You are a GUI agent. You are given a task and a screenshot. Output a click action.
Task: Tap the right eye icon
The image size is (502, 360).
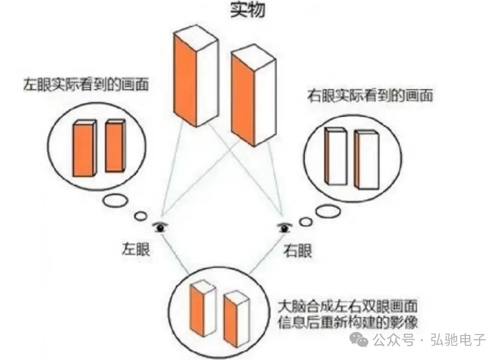[284, 227]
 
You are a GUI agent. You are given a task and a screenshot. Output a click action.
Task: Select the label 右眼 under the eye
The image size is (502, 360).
[298, 250]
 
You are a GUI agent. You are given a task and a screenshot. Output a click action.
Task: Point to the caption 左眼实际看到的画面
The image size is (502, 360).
[86, 84]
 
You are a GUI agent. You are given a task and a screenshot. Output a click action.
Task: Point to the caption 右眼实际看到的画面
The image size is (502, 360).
[370, 95]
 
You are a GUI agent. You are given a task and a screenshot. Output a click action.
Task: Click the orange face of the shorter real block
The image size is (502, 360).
[242, 99]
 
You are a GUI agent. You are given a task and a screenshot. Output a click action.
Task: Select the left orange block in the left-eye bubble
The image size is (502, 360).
[84, 149]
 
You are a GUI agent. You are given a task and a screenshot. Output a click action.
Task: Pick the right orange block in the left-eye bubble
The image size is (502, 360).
[115, 146]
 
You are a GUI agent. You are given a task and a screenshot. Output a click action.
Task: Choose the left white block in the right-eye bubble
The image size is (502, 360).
[336, 156]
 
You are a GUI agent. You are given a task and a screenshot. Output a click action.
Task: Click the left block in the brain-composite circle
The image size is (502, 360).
[202, 308]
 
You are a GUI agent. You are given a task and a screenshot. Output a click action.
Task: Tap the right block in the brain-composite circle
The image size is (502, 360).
[236, 319]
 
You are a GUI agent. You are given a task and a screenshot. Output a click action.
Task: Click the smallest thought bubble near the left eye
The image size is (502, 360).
[140, 216]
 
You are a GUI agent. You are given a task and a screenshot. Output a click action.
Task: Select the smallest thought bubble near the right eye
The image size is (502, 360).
[306, 222]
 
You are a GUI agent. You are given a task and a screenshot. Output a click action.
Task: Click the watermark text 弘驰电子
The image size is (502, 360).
[459, 340]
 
